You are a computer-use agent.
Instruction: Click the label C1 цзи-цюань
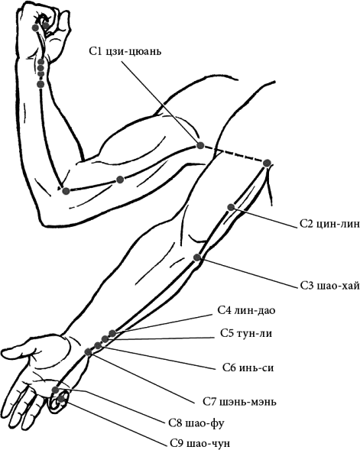pyautogui.click(x=125, y=52)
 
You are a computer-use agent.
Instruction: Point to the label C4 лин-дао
pyautogui.click(x=246, y=310)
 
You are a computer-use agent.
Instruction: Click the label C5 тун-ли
pyautogui.click(x=246, y=333)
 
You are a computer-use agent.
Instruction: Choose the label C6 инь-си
pyautogui.click(x=248, y=367)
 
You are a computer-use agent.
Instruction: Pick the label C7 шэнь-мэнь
pyautogui.click(x=239, y=402)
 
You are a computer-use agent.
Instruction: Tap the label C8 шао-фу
pyautogui.click(x=196, y=422)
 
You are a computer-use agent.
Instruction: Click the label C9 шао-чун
pyautogui.click(x=199, y=443)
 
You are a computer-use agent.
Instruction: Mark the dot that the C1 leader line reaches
pyautogui.click(x=200, y=145)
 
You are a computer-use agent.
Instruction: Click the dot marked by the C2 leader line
pyautogui.click(x=231, y=207)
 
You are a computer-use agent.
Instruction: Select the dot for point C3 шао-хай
pyautogui.click(x=197, y=257)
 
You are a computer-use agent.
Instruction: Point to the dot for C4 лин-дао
pyautogui.click(x=112, y=333)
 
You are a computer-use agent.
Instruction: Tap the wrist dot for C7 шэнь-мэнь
pyautogui.click(x=88, y=352)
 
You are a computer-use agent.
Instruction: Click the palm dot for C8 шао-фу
pyautogui.click(x=55, y=390)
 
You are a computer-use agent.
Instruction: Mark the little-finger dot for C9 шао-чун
pyautogui.click(x=60, y=399)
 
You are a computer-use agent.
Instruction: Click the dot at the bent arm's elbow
pyautogui.click(x=66, y=191)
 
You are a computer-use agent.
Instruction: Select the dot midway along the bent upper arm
pyautogui.click(x=120, y=180)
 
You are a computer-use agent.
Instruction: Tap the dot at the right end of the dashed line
pyautogui.click(x=267, y=163)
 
